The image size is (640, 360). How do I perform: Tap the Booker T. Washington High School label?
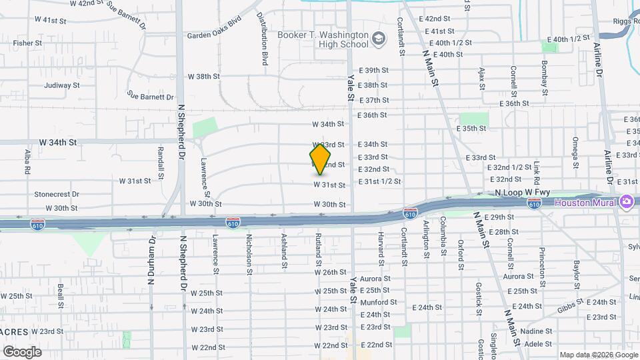pyautogui.click(x=323, y=39)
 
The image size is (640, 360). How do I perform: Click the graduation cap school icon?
pyautogui.click(x=379, y=39)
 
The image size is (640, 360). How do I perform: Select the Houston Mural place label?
pyautogui.click(x=587, y=202)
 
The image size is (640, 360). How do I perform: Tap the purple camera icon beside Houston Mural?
pyautogui.click(x=626, y=201)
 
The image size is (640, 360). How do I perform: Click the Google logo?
pyautogui.click(x=22, y=351)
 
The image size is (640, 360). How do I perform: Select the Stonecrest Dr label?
pyautogui.click(x=57, y=195)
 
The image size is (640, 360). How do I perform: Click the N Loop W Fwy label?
pyautogui.click(x=523, y=193)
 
